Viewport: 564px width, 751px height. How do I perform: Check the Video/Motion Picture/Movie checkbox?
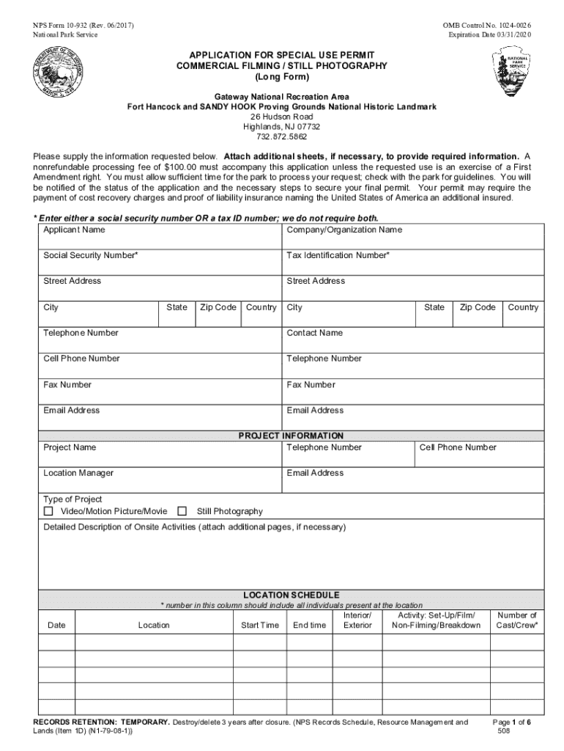point(49,511)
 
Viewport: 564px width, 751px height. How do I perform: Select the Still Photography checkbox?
point(182,511)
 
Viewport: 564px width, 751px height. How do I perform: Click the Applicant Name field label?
point(74,230)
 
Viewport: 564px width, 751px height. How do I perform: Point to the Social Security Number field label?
point(90,256)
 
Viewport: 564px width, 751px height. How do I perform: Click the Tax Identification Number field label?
point(338,256)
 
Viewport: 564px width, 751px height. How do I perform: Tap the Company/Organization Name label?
point(344,230)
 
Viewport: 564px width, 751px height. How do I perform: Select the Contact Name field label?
point(314,333)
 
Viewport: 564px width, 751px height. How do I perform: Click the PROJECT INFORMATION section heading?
point(291,436)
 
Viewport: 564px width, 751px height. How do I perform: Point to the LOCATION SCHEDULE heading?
point(291,595)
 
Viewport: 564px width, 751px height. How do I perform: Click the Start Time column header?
point(260,626)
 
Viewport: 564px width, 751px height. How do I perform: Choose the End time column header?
point(309,626)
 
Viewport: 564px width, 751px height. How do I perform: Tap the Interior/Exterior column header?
point(357,620)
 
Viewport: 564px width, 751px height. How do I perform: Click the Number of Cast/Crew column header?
point(516,620)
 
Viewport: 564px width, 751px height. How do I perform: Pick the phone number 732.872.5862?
point(282,137)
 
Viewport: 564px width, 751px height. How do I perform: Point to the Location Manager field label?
point(78,474)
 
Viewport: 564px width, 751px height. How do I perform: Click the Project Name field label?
point(70,447)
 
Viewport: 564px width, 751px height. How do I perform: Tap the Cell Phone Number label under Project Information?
point(458,447)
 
